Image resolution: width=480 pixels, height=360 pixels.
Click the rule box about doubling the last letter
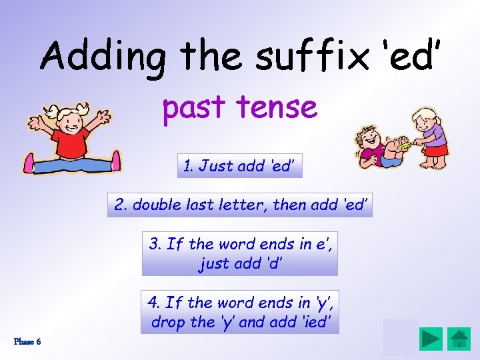240,205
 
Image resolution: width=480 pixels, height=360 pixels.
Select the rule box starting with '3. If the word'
240,253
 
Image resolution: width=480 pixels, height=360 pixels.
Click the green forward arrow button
431,339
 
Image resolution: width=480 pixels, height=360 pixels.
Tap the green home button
459,339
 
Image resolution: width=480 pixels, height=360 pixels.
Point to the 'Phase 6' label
27,341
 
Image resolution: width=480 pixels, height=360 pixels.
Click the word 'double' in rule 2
155,205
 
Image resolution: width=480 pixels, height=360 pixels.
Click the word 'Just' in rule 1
215,166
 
